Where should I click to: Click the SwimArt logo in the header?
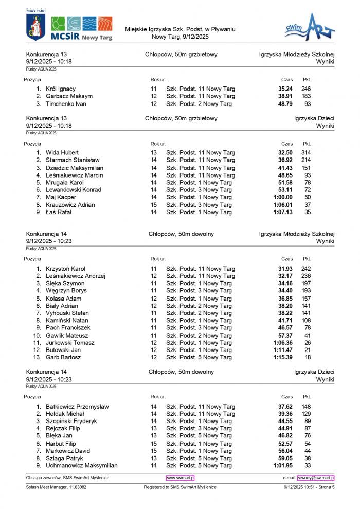coord(310,28)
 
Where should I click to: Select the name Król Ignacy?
coord(61,89)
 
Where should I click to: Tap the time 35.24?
coord(285,89)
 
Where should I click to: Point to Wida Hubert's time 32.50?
coord(285,153)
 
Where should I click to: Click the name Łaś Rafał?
coord(59,212)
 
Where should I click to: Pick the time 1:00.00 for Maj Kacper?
coord(283,197)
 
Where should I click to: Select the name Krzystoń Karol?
coord(65,269)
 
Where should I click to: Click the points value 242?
coord(306,269)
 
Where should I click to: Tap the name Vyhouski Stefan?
coord(67,313)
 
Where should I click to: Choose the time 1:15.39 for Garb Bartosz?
coord(283,357)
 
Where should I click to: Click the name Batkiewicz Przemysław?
coord(77,407)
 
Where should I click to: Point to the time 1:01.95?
coord(283,466)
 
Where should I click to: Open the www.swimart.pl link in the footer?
coord(180,478)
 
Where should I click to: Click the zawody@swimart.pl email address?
coord(316,478)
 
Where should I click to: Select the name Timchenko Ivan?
coord(66,104)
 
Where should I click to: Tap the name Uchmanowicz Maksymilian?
coord(82,466)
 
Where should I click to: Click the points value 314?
coord(306,153)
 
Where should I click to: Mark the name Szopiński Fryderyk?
coord(71,421)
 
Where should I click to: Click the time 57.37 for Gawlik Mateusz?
coord(285,335)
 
